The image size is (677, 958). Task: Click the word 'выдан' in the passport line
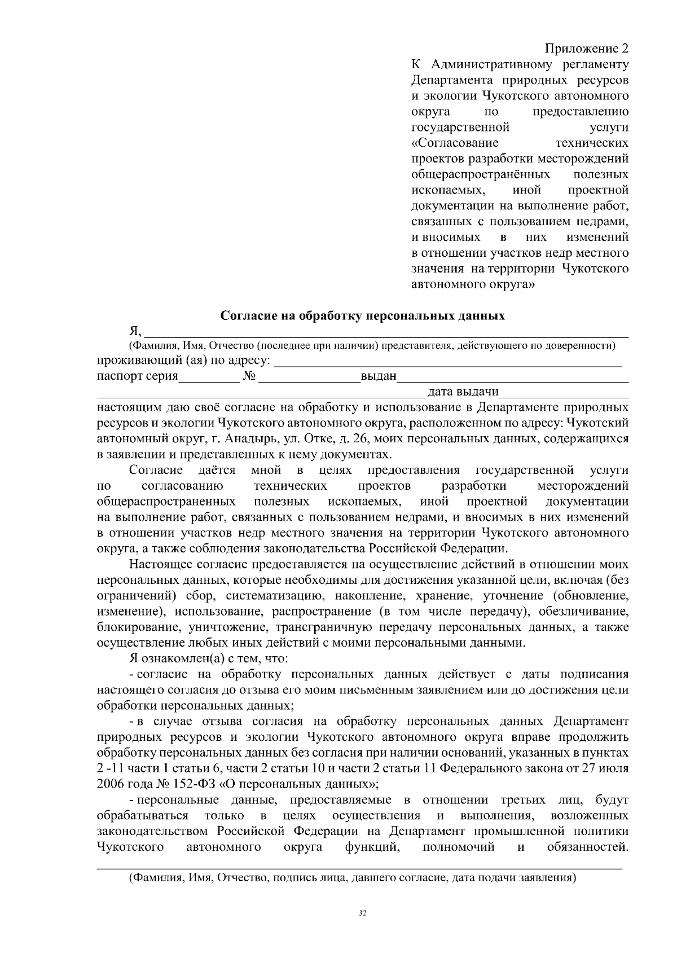[x=379, y=377]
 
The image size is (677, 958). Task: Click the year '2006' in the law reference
[x=111, y=784]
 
